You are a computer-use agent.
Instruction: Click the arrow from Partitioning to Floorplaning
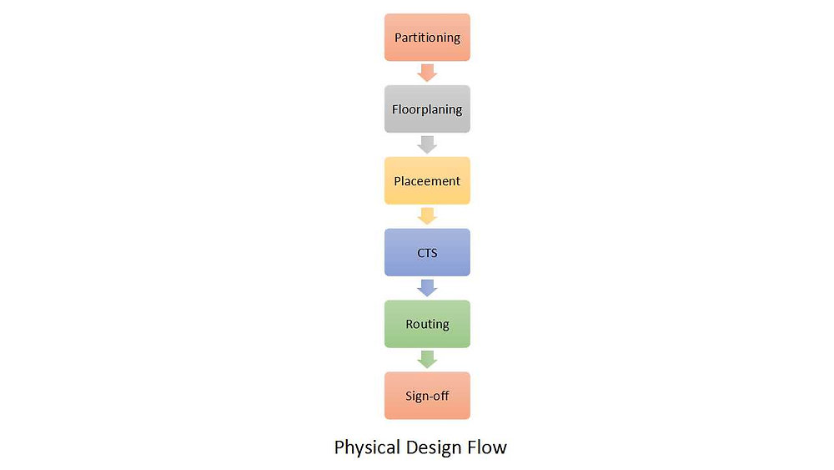[427, 73]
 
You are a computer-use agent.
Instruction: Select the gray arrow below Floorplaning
[427, 144]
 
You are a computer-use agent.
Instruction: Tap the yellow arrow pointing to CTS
[427, 216]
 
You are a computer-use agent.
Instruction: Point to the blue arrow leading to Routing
[427, 288]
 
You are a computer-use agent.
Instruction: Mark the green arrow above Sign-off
[427, 360]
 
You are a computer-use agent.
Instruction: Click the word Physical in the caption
[368, 447]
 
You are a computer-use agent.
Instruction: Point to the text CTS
[427, 253]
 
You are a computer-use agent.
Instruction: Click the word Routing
[427, 325]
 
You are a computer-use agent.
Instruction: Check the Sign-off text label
[427, 397]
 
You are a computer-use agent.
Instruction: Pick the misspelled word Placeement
[427, 181]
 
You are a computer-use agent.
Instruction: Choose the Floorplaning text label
[427, 109]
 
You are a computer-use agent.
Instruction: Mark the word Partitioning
[427, 38]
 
